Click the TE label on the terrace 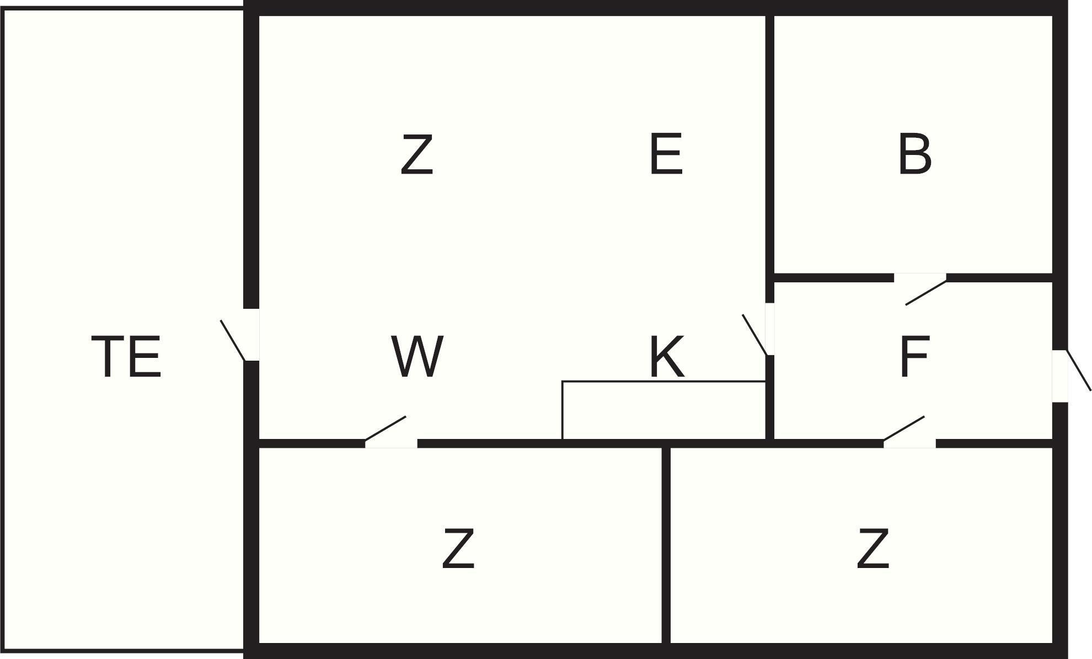(x=126, y=357)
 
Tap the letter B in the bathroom (x=914, y=154)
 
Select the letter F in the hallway (x=914, y=357)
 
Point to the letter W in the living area (x=417, y=357)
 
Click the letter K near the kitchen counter (x=667, y=357)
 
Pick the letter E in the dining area (x=666, y=154)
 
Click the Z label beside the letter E (x=417, y=154)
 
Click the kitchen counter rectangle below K (x=663, y=410)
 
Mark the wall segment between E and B (x=770, y=143)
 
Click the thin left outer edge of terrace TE (x=3, y=331)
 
